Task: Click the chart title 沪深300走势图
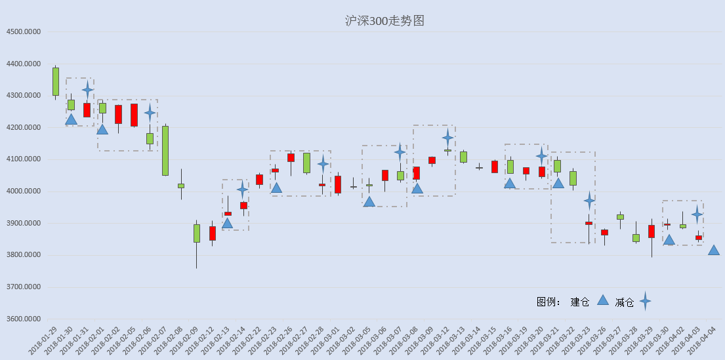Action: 384,21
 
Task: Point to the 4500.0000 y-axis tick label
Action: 24,32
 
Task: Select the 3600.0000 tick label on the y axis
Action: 24,319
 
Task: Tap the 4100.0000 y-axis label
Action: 24,159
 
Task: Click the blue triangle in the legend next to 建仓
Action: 602,300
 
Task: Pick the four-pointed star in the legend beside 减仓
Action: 646,301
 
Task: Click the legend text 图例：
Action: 549,302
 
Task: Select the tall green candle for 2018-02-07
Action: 165,151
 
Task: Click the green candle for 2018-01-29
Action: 56,81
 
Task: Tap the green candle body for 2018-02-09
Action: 197,233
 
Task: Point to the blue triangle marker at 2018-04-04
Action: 713,250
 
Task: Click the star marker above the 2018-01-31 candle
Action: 87,90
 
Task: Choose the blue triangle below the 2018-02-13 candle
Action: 227,223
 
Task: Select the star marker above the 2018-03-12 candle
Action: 447,137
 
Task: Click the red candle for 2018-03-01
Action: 338,184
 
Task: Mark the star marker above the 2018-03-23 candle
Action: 589,201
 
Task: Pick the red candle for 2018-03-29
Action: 652,231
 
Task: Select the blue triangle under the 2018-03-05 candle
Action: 369,201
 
